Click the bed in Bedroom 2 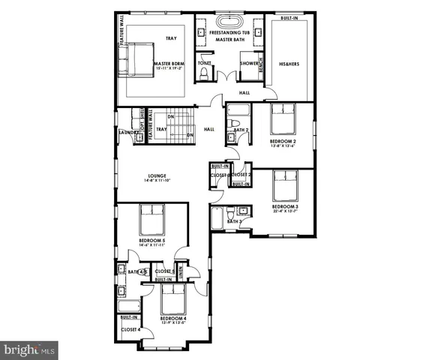coord(282,120)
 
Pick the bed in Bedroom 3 coord(286,185)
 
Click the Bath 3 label coord(233,222)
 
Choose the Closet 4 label coord(130,328)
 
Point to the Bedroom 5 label coord(151,241)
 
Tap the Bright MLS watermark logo coord(31,349)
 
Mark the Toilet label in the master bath coord(204,63)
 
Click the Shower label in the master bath coord(250,63)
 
